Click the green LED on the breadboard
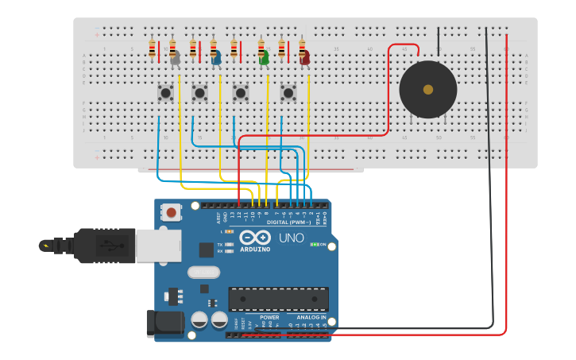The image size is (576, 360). pos(264,57)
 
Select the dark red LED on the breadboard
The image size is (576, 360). pos(304,57)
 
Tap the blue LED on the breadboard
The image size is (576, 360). pos(216,57)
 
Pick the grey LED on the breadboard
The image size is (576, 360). pos(175,57)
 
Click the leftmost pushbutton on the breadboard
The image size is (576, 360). pos(165,93)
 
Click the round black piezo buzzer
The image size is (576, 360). pos(428,90)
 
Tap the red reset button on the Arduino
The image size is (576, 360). pos(170,212)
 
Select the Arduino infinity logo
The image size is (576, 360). pos(254,238)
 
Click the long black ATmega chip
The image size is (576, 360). pos(278,299)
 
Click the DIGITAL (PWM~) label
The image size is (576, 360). pos(288,223)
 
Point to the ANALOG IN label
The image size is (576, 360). pos(311,317)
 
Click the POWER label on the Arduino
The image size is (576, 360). pos(269,317)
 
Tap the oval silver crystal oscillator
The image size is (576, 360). pos(203,272)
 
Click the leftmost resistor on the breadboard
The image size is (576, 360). pos(153,49)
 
